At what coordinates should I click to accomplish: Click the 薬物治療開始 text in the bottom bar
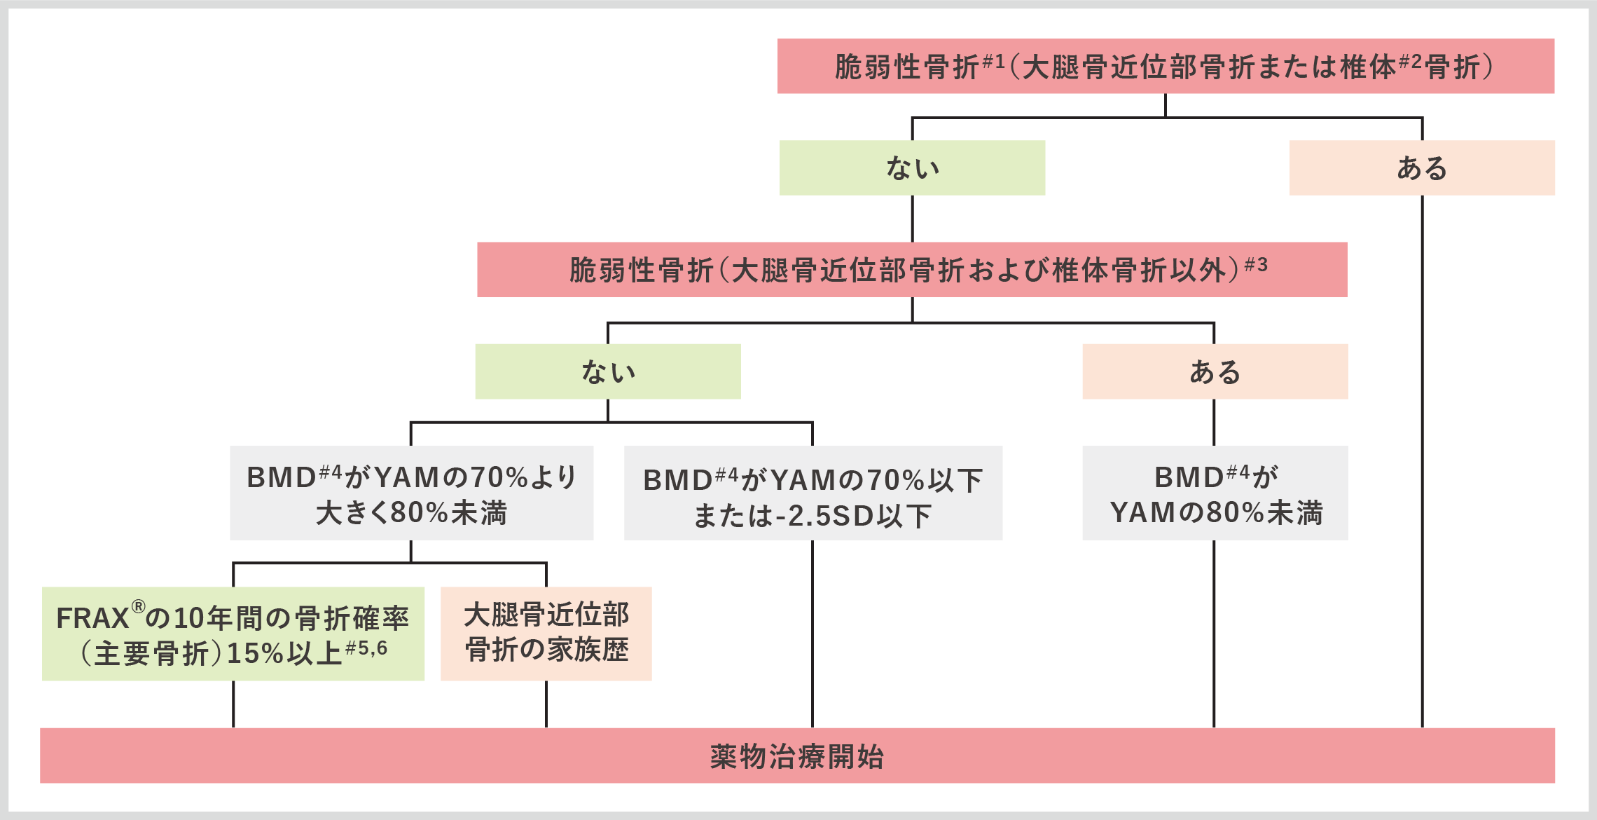pyautogui.click(x=797, y=757)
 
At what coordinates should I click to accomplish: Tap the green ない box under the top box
pyautogui.click(x=912, y=168)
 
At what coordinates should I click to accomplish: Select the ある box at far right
pyautogui.click(x=1422, y=168)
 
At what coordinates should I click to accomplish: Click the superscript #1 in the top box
pyautogui.click(x=994, y=62)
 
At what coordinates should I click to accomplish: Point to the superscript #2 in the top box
pyautogui.click(x=1410, y=62)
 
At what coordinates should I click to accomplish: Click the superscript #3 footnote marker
pyautogui.click(x=1256, y=265)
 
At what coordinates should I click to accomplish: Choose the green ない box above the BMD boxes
pyautogui.click(x=607, y=371)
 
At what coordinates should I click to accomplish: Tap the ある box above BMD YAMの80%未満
pyautogui.click(x=1215, y=371)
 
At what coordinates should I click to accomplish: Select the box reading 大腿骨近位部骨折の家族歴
pyautogui.click(x=546, y=633)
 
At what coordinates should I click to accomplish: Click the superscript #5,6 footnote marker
pyautogui.click(x=366, y=648)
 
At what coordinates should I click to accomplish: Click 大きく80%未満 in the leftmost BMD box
pyautogui.click(x=411, y=513)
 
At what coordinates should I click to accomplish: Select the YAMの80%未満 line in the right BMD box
pyautogui.click(x=1216, y=513)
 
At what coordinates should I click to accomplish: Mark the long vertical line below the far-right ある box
pyautogui.click(x=1422, y=463)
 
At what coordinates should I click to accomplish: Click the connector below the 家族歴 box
pyautogui.click(x=546, y=704)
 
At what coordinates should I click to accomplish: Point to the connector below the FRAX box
pyautogui.click(x=233, y=704)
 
